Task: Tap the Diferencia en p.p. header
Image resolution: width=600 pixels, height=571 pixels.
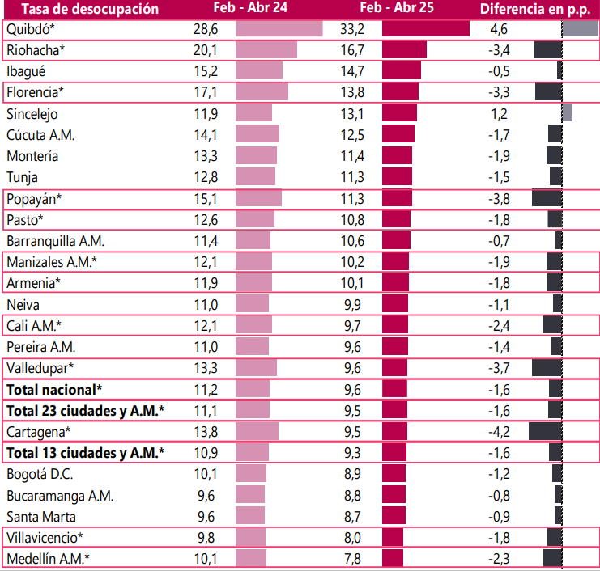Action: [x=534, y=10]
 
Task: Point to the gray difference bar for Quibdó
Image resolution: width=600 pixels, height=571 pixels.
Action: [x=581, y=29]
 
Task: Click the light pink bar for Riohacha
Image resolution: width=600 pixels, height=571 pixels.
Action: [x=266, y=50]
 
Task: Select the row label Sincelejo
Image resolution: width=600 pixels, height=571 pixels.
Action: [x=32, y=114]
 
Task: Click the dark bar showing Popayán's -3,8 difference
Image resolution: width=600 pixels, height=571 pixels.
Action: [x=547, y=198]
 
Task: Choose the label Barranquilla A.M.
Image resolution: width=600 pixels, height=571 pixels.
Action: [x=55, y=241]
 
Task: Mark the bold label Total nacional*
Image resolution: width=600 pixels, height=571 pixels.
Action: [x=54, y=389]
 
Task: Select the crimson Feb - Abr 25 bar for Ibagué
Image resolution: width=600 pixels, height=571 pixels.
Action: [x=401, y=71]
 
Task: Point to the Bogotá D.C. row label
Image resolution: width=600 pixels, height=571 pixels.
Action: [x=38, y=473]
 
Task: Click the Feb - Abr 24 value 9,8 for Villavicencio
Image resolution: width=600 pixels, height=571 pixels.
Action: [x=207, y=537]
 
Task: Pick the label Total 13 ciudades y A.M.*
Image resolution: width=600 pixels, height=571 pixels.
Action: [x=85, y=452]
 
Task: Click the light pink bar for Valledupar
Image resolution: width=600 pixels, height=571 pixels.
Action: [x=256, y=368]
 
